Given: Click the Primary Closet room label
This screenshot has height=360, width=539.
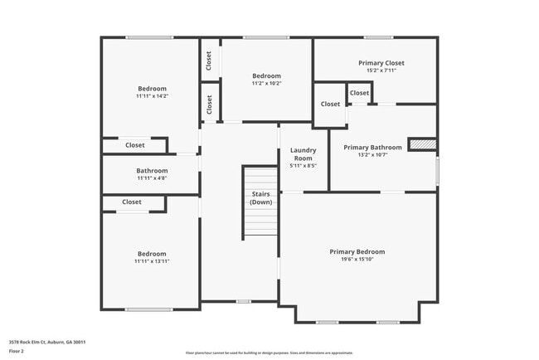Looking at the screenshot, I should pyautogui.click(x=381, y=63).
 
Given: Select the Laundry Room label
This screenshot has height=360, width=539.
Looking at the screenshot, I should pyautogui.click(x=303, y=153).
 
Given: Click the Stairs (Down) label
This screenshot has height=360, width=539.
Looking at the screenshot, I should pyautogui.click(x=261, y=197).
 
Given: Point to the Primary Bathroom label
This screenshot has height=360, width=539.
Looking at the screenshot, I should pyautogui.click(x=372, y=146).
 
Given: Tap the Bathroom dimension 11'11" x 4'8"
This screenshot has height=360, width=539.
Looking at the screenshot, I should pyautogui.click(x=152, y=178).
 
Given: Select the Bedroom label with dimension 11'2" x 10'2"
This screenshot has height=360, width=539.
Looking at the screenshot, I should pyautogui.click(x=267, y=75).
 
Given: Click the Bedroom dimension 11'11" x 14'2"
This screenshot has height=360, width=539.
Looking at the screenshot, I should pyautogui.click(x=152, y=96).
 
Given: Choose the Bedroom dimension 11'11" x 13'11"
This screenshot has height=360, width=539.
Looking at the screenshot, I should pyautogui.click(x=152, y=261).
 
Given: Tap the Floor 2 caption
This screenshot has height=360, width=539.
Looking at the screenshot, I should pyautogui.click(x=17, y=351).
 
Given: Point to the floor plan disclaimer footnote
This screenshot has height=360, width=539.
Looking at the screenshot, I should pyautogui.click(x=269, y=353).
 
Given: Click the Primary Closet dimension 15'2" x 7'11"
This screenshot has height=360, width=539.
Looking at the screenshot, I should pyautogui.click(x=381, y=71).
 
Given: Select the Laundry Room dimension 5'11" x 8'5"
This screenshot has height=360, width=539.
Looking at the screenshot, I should pyautogui.click(x=303, y=166).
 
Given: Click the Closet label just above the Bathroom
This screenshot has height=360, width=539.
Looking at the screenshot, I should pyautogui.click(x=134, y=145).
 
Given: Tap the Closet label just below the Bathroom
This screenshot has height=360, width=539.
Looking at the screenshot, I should pyautogui.click(x=132, y=202).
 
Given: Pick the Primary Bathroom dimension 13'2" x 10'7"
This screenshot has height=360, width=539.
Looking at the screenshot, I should pyautogui.click(x=372, y=154).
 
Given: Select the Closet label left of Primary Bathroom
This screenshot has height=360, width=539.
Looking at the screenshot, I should pyautogui.click(x=330, y=104).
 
